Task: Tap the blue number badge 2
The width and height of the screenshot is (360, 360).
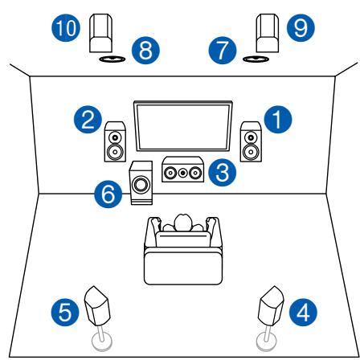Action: [x=83, y=122]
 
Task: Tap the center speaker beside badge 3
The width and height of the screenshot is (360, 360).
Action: [x=181, y=171]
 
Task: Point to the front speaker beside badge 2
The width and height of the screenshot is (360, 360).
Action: [x=113, y=141]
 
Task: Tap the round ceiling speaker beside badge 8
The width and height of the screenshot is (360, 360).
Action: [x=110, y=59]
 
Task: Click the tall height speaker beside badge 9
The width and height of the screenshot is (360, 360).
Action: [x=266, y=31]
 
